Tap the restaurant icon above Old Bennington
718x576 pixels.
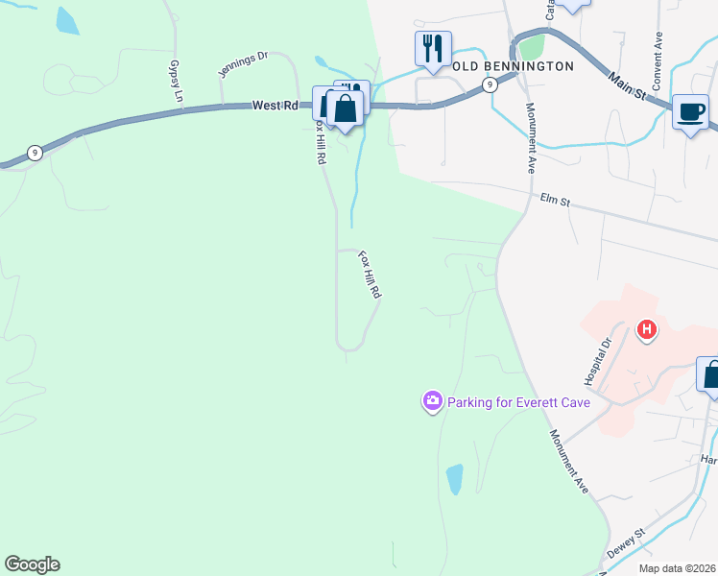[434, 48]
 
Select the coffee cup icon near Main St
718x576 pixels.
[690, 111]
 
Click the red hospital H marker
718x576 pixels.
[648, 330]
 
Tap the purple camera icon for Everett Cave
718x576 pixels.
[433, 400]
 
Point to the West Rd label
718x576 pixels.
[275, 106]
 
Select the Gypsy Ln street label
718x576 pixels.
[176, 82]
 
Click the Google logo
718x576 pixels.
[32, 564]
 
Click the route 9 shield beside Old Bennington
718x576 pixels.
[490, 84]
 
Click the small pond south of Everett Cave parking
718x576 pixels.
[454, 477]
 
